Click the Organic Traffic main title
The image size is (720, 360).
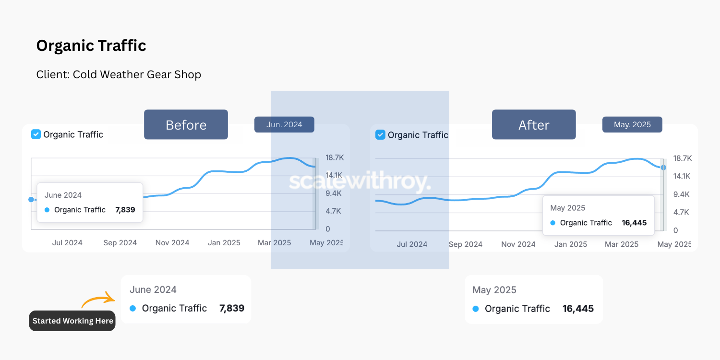[x=91, y=46]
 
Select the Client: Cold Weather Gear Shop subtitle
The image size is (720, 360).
[x=119, y=75]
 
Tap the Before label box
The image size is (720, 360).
[x=186, y=125]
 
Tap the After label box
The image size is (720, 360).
[x=534, y=125]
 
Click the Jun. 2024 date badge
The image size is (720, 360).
[x=284, y=125]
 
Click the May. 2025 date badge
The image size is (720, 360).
[x=632, y=125]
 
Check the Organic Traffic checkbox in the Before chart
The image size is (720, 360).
[x=36, y=134]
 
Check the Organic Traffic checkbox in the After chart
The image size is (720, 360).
[x=380, y=135]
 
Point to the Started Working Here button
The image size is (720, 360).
[x=72, y=321]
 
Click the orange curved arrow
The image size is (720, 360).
[x=98, y=300]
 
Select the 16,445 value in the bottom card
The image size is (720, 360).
[x=578, y=309]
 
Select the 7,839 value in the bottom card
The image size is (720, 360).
[x=231, y=308]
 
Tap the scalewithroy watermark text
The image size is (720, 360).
[x=360, y=183]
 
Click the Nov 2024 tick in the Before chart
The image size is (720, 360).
[x=172, y=243]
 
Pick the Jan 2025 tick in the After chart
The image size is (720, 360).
[x=571, y=244]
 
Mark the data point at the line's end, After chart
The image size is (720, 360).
[x=663, y=168]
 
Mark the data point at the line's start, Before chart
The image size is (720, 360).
[x=31, y=199]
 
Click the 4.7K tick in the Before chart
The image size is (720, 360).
[x=334, y=211]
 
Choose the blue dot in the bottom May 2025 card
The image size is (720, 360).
[x=476, y=309]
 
